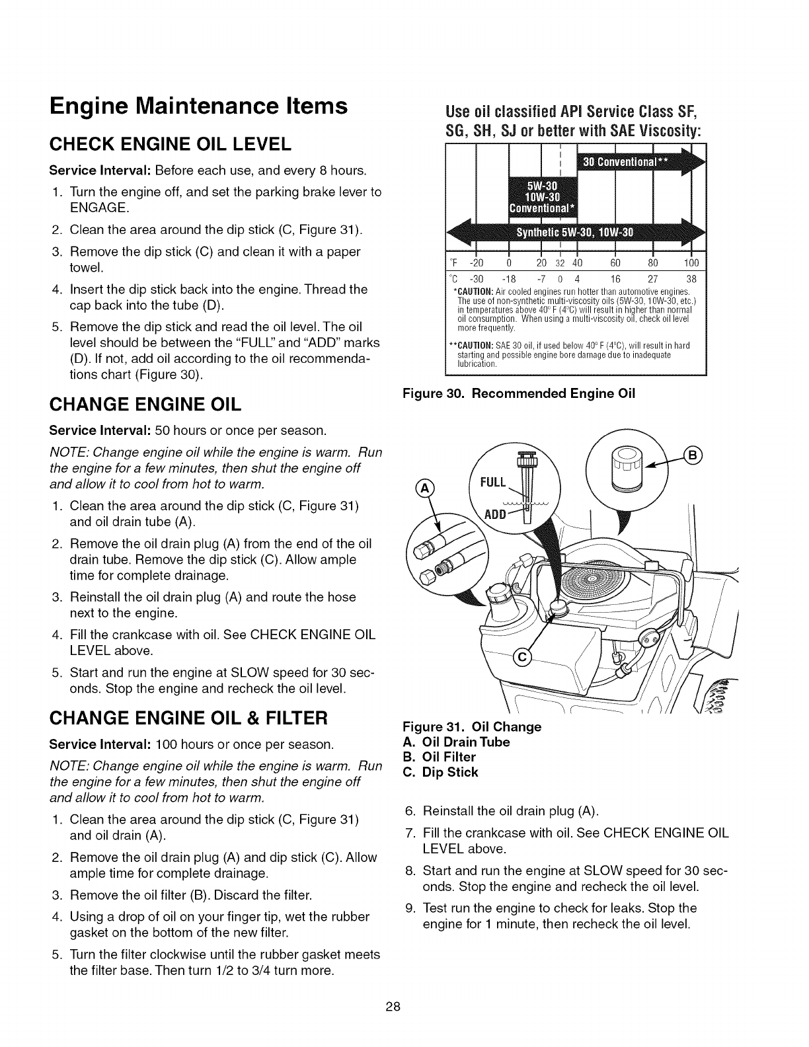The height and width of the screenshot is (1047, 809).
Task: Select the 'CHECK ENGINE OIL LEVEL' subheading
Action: click(171, 143)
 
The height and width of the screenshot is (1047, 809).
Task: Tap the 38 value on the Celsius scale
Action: click(691, 278)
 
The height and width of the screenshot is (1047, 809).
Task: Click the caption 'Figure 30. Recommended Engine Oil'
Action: click(519, 394)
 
